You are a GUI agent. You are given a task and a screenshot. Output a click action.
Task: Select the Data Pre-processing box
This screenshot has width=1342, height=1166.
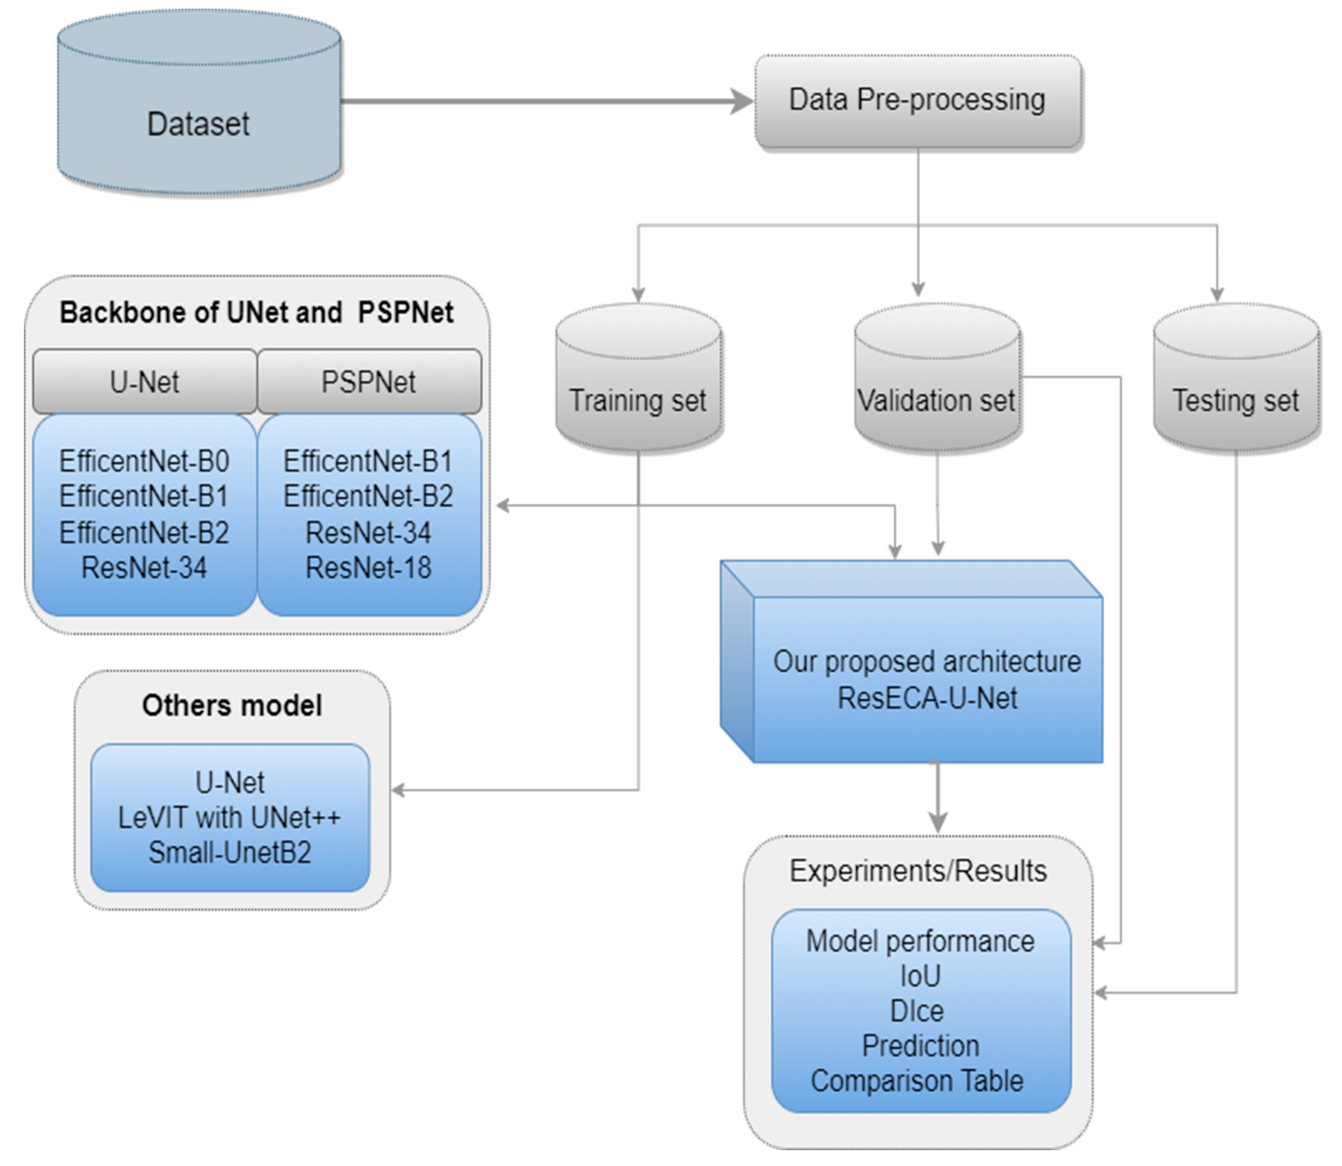917,101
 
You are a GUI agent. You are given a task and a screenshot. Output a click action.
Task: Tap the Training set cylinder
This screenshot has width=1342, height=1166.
638,390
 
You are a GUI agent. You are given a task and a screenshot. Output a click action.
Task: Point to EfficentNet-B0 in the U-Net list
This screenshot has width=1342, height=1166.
144,461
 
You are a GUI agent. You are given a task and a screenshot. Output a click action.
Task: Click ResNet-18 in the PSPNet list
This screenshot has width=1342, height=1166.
368,568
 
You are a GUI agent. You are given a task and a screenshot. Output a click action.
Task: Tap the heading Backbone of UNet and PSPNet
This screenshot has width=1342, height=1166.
257,312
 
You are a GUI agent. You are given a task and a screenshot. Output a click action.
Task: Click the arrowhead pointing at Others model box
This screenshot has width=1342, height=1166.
398,791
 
